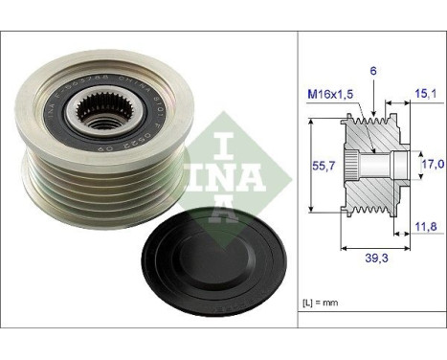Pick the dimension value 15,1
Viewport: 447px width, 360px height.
pos(426,93)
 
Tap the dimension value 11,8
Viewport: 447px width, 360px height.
pos(426,226)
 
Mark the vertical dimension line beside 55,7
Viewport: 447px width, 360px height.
pos(314,164)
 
